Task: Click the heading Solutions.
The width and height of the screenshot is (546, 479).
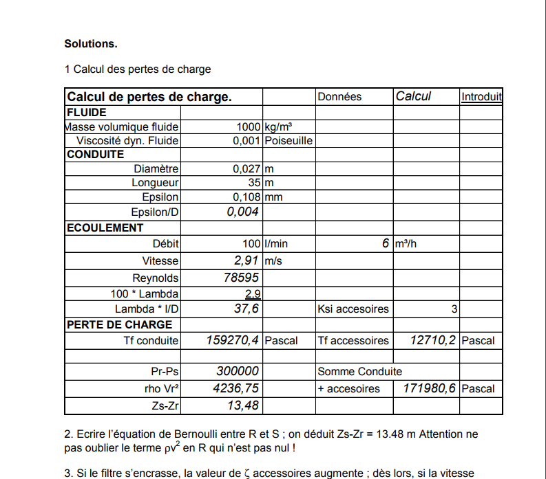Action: tap(91, 44)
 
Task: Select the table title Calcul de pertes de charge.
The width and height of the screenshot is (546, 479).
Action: tap(149, 97)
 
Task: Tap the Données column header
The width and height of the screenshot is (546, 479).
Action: tap(339, 97)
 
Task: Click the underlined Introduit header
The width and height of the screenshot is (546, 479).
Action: tap(481, 97)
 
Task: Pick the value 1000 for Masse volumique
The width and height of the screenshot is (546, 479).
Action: tap(248, 126)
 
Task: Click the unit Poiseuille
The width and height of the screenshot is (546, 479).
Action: tap(288, 141)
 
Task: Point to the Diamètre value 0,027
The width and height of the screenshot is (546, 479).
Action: tap(246, 168)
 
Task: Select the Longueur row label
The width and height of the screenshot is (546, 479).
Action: tap(155, 183)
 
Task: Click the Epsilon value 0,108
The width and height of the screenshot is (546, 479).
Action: tap(246, 197)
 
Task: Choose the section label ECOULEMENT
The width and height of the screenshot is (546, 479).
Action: tap(105, 227)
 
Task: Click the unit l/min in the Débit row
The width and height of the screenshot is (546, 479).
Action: tap(276, 244)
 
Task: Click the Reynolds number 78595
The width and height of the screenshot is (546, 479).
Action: tap(241, 278)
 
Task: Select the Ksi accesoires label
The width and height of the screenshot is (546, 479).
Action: tap(353, 309)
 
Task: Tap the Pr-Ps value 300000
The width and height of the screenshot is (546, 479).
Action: tap(238, 371)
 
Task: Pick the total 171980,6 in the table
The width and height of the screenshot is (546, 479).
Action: tap(429, 388)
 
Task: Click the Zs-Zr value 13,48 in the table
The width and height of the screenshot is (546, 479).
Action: tap(243, 405)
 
